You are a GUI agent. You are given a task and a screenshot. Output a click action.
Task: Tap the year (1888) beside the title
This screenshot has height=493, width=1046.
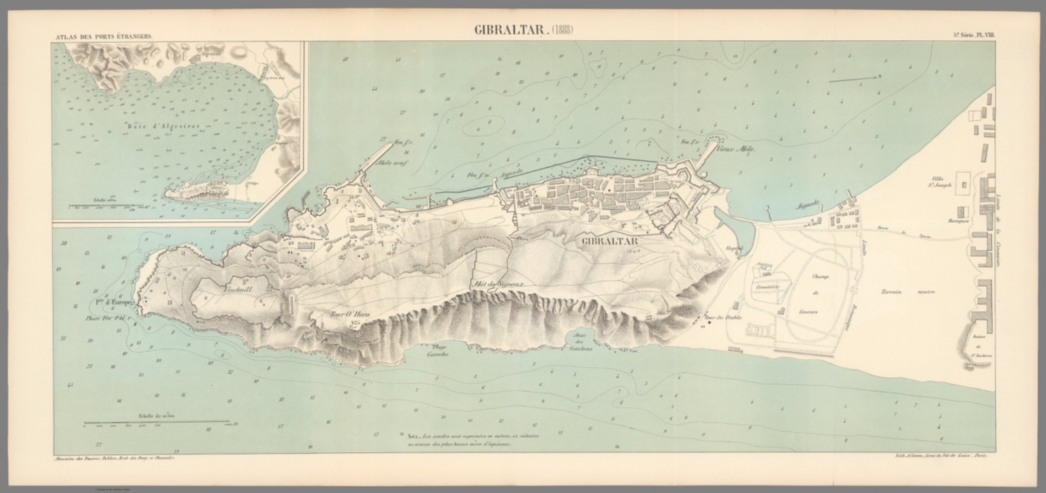pyautogui.click(x=559, y=30)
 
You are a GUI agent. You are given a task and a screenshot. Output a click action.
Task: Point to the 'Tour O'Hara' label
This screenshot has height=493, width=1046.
pyautogui.click(x=345, y=314)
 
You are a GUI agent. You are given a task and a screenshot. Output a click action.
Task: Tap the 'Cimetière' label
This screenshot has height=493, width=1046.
pyautogui.click(x=766, y=288)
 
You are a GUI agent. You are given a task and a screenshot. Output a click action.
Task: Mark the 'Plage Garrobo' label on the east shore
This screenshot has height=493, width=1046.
pyautogui.click(x=436, y=351)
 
